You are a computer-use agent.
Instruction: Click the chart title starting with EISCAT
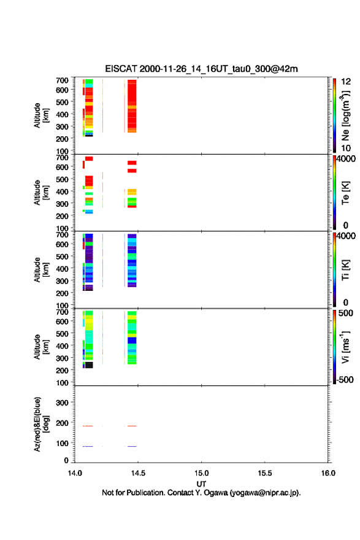coord(201,69)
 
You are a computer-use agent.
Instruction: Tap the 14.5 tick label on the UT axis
coord(138,473)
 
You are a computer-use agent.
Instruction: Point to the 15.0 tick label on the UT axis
coord(201,473)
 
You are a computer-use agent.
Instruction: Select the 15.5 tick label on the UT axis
coord(265,473)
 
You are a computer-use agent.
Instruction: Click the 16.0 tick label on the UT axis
coord(328,473)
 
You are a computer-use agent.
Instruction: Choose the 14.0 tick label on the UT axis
coord(75,473)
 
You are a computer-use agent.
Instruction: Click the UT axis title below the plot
coord(201,484)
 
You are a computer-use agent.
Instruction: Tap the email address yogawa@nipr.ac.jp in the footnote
coord(265,493)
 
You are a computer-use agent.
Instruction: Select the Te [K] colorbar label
coord(345,193)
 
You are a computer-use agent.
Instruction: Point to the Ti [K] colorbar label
coord(345,270)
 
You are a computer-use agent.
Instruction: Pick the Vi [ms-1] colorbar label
coord(345,347)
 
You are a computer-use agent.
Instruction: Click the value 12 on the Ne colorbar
coord(346,82)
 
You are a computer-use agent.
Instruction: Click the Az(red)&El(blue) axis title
coord(41,424)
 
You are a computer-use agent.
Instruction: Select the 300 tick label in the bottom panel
coord(62,403)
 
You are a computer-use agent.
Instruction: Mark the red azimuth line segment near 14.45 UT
coord(132,426)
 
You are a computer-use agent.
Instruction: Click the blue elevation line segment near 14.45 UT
coord(132,446)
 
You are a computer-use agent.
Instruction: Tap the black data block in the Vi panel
coord(89,365)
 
